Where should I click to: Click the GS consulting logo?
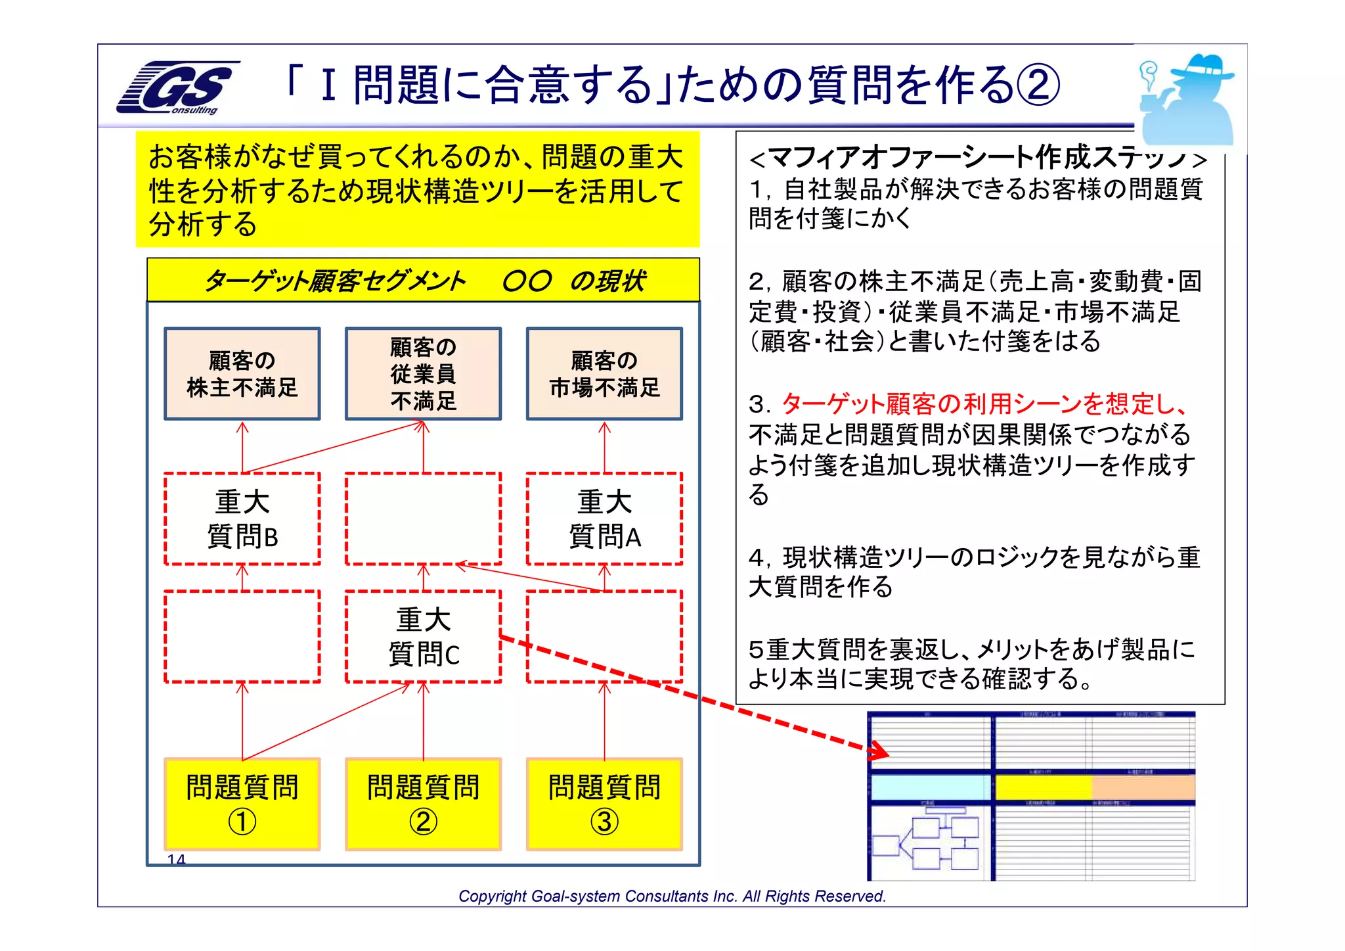[177, 88]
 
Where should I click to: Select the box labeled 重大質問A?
[604, 519]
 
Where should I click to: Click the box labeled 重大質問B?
[242, 519]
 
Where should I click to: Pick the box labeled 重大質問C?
[424, 636]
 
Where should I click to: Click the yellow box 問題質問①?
[242, 804]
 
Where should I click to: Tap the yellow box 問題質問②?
[424, 804]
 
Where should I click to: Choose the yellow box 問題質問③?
[604, 804]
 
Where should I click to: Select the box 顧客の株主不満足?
[242, 373]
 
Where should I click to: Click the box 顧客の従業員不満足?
[424, 373]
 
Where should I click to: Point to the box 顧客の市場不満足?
[604, 373]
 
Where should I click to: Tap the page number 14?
[176, 859]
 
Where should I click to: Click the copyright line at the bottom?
[672, 896]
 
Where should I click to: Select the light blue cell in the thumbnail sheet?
[930, 787]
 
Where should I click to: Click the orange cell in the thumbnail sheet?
[1143, 787]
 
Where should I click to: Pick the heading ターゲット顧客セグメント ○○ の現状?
[424, 281]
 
